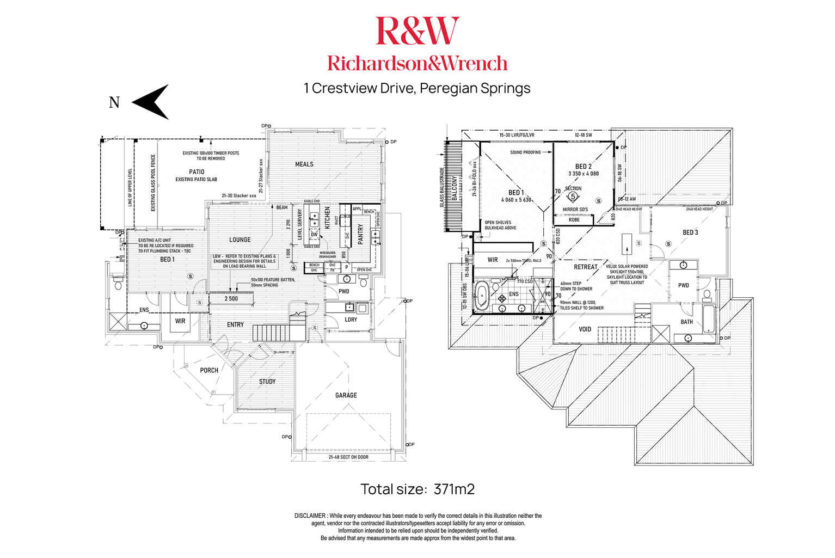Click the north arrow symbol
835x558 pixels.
pos(151,102)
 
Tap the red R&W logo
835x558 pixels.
pos(417,31)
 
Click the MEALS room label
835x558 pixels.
pos(304,164)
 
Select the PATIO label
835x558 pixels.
pos(197,171)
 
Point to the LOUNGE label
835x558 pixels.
pos(240,240)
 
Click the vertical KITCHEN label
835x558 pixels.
pos(327,217)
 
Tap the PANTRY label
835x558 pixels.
pos(360,234)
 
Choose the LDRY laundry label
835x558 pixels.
pos(351,320)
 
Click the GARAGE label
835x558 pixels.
pos(346,395)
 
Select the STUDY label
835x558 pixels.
pos(267,382)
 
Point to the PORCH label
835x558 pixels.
pos(209,370)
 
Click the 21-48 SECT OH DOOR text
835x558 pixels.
pos(348,457)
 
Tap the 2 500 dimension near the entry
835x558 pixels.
pos(231,298)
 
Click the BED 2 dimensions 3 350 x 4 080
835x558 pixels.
pos(583,174)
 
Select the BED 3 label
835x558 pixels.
pos(690,232)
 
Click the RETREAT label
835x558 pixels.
pos(585,267)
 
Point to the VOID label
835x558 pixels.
pos(585,329)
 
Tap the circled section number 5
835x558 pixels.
pos(573,196)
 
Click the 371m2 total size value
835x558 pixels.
pos(454,489)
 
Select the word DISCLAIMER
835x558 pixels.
pos(310,516)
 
